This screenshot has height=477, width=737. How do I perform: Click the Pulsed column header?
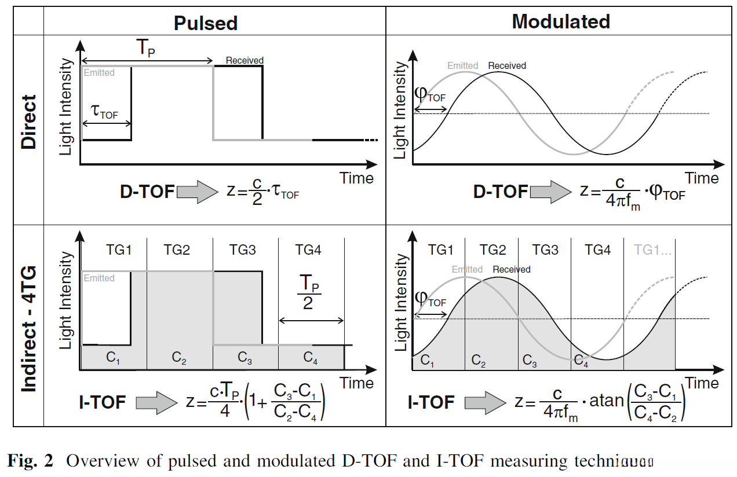pyautogui.click(x=206, y=23)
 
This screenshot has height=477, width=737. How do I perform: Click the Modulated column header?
pyautogui.click(x=560, y=21)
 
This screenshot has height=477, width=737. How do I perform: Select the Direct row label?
pyautogui.click(x=28, y=122)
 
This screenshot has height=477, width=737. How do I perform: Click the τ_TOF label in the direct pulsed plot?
pyautogui.click(x=105, y=112)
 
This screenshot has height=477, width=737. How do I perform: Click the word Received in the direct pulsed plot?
pyautogui.click(x=245, y=60)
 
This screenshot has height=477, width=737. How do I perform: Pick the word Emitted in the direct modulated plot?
pyautogui.click(x=462, y=65)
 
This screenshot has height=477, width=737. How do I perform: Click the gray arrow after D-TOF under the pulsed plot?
pyautogui.click(x=196, y=192)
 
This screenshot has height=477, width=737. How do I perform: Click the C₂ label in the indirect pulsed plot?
pyautogui.click(x=180, y=358)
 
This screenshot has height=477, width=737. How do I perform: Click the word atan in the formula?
pyautogui.click(x=605, y=402)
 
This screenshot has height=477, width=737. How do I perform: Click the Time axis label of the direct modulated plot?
pyautogui.click(x=702, y=178)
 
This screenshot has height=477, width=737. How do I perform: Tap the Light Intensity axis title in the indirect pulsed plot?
pyautogui.click(x=67, y=300)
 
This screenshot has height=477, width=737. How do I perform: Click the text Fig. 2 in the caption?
pyautogui.click(x=30, y=461)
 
